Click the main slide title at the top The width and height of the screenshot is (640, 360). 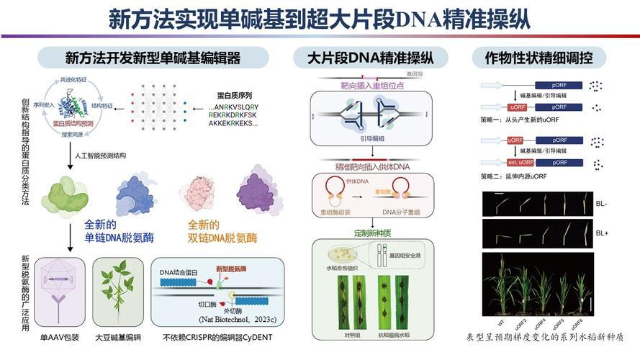pos(320,18)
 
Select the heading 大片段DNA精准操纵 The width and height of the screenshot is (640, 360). pos(368,58)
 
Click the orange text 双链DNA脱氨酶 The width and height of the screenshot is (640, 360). pos(222,238)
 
